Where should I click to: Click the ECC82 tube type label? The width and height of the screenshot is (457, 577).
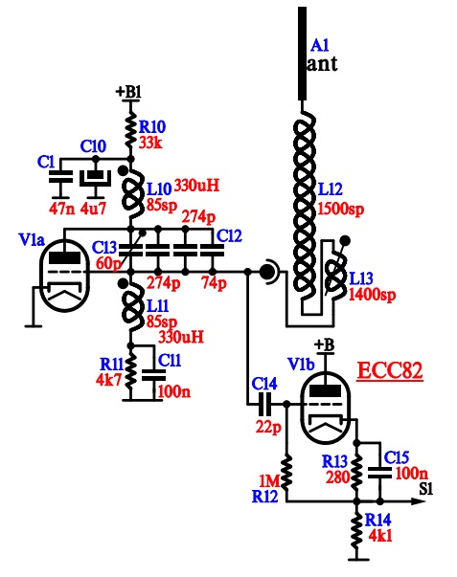pos(390,370)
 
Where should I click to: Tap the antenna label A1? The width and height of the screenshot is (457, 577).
pos(319,46)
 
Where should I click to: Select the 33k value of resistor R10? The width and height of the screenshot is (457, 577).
pos(150,143)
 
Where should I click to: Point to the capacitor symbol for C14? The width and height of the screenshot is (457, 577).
pos(264,404)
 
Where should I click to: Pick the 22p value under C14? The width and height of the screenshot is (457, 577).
pos(268,427)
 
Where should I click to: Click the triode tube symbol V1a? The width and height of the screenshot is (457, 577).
pos(65,276)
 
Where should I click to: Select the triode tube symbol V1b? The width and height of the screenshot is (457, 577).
pos(325,408)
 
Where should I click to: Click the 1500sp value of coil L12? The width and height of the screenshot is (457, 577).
pos(340,209)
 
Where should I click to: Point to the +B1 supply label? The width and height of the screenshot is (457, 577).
pos(128,92)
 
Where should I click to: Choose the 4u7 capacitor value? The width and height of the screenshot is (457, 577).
pos(93,209)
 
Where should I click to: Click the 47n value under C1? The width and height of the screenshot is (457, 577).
pos(62,209)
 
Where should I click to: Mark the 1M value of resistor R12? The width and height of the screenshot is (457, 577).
pos(269,480)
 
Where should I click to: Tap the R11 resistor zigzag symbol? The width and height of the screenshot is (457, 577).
pos(130,373)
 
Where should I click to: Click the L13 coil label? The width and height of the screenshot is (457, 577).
pos(361,278)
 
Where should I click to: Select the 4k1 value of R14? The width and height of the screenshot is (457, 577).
pos(380,536)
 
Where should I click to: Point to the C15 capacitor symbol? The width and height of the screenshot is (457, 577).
pos(380,473)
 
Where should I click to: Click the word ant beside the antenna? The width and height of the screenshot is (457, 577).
pos(322,64)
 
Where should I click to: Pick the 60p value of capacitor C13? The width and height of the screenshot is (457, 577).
pos(107,263)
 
